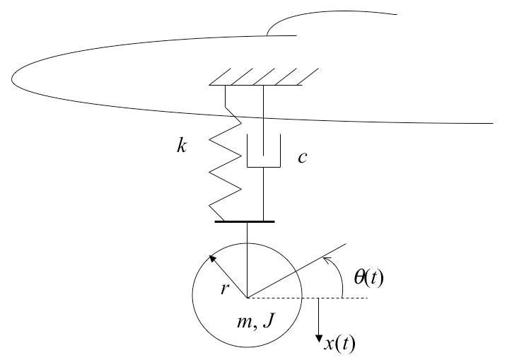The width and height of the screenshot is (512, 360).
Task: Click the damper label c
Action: [x=302, y=157]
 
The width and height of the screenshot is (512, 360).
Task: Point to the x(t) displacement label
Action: [x=339, y=344]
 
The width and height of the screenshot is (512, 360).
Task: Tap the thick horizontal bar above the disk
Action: [x=244, y=222]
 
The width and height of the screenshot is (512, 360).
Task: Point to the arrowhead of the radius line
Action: [x=211, y=257]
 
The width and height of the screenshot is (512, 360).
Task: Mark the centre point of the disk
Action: [x=248, y=297]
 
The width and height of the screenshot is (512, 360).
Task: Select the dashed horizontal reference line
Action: [x=332, y=297]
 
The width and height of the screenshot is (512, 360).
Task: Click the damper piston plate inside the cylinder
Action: [x=263, y=167]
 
